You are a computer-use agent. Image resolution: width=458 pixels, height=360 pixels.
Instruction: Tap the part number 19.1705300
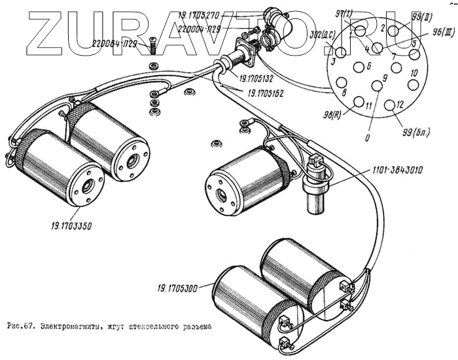[179, 286]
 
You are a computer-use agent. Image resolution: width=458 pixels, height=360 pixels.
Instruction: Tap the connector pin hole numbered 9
[376, 85]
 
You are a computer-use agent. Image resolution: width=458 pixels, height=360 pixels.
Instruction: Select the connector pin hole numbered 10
[412, 84]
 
